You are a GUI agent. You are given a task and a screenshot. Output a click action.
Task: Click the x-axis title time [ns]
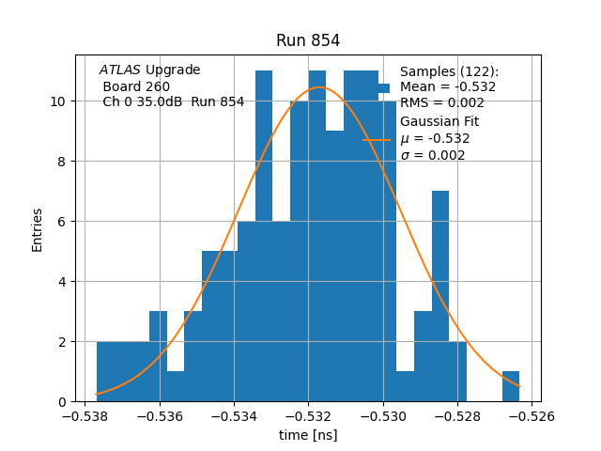click(x=308, y=435)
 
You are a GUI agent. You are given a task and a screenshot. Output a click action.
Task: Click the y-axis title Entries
click(x=38, y=229)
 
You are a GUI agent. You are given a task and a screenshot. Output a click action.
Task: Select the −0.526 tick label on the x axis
click(x=532, y=414)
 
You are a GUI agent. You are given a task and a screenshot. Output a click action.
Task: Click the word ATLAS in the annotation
click(x=120, y=70)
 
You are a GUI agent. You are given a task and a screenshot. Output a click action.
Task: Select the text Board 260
click(x=136, y=86)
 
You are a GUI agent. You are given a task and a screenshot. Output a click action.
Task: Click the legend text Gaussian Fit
click(x=439, y=122)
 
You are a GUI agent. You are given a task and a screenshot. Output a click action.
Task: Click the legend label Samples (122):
click(x=449, y=72)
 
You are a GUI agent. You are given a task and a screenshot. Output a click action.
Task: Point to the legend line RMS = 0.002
click(x=441, y=102)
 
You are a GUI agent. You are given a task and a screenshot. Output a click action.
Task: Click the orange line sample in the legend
click(x=377, y=139)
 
